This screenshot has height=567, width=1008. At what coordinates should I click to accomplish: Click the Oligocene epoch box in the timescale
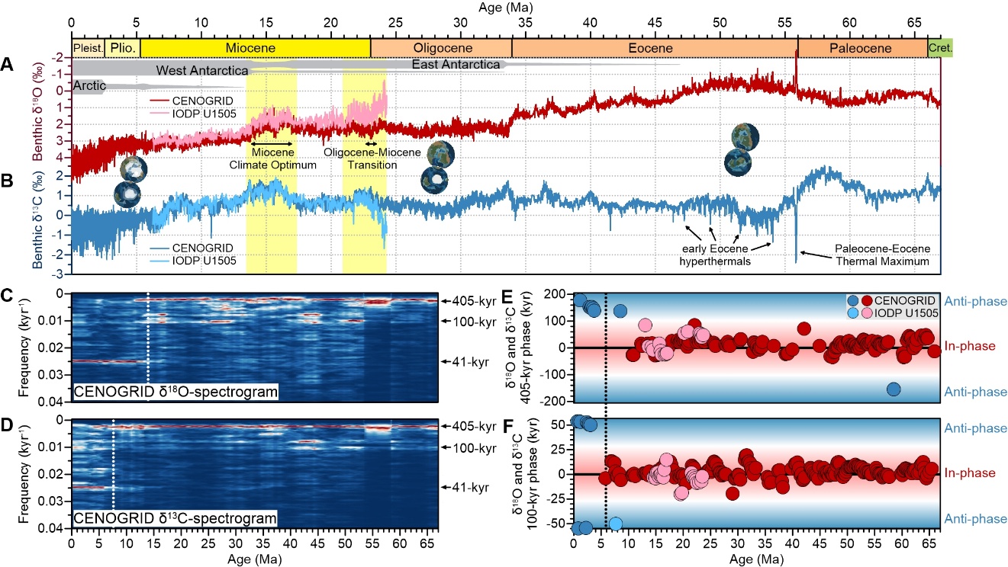click(440, 48)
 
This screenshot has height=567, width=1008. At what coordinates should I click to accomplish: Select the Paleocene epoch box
click(862, 48)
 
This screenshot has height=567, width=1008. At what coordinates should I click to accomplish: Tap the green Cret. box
click(940, 48)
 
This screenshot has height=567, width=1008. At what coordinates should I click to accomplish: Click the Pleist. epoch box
click(87, 48)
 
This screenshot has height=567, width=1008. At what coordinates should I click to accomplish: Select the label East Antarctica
click(456, 65)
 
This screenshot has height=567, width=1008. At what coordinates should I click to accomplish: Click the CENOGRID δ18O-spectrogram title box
click(175, 392)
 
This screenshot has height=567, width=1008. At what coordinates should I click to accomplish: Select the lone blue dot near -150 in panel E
click(894, 389)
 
